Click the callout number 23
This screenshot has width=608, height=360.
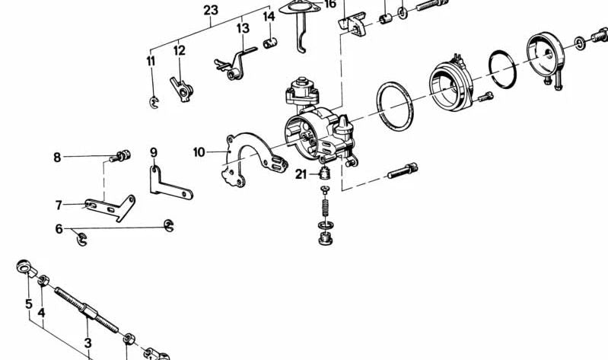(x=211, y=10)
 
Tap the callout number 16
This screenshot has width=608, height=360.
(x=329, y=4)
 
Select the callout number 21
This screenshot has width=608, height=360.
(x=301, y=175)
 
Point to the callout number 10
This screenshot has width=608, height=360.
(x=199, y=152)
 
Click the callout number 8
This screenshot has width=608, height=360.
(x=57, y=158)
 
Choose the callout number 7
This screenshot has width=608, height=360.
(x=58, y=205)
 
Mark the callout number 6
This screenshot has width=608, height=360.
(x=59, y=228)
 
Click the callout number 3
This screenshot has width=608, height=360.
(x=88, y=343)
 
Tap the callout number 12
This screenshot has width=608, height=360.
(x=179, y=51)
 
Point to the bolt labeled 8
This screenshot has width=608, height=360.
(x=117, y=158)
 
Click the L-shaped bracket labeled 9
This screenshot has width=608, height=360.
(x=166, y=182)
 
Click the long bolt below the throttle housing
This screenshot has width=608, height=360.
(x=403, y=172)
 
